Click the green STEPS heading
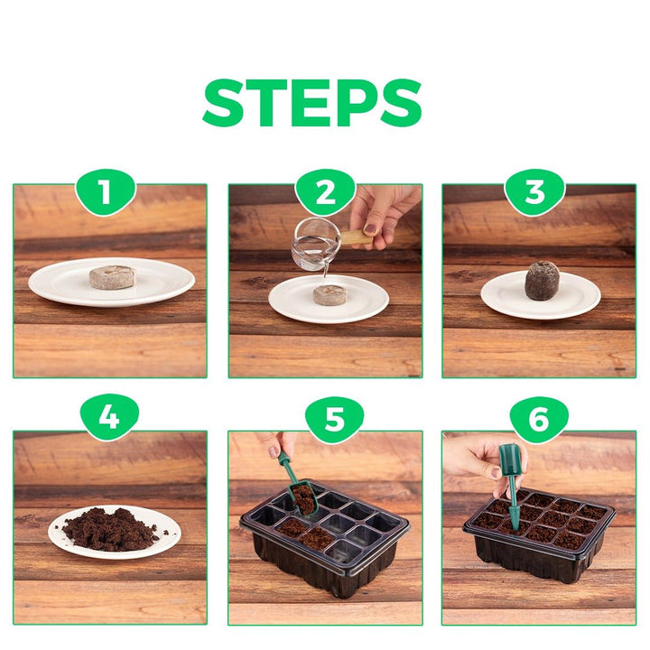point(312,102)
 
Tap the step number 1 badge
point(106,192)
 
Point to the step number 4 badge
point(109,418)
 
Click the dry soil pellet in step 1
point(112,277)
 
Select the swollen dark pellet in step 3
point(542,281)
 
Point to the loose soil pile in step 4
point(109,529)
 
